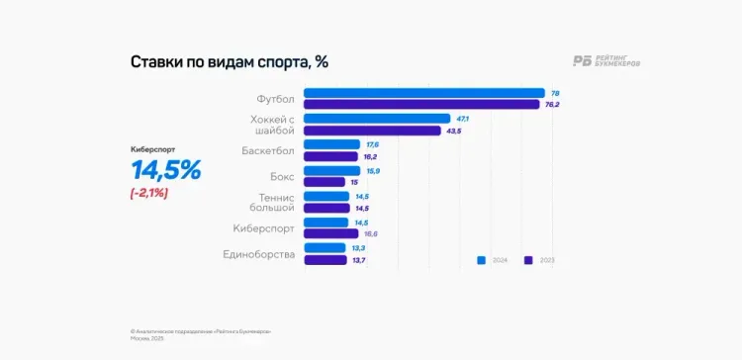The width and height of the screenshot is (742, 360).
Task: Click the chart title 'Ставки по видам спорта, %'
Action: pyautogui.click(x=229, y=61)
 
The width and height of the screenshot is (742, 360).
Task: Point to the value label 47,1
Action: pyautogui.click(x=462, y=119)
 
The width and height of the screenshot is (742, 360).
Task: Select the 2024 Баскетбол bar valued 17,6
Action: pyautogui.click(x=331, y=144)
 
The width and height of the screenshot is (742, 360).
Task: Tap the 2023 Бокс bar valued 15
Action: pyautogui.click(x=325, y=182)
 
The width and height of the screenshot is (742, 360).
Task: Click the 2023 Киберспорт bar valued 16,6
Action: pyautogui.click(x=330, y=233)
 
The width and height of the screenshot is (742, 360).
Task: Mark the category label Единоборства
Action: pyautogui.click(x=260, y=254)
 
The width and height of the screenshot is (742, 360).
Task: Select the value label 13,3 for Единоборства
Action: pyautogui.click(x=359, y=248)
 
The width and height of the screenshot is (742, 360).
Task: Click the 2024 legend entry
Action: pyautogui.click(x=492, y=261)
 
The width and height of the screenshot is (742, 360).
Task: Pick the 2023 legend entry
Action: pyautogui.click(x=539, y=261)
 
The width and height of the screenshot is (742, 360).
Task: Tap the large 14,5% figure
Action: pyautogui.click(x=165, y=170)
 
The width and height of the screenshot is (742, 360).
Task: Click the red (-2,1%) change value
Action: pyautogui.click(x=148, y=193)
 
